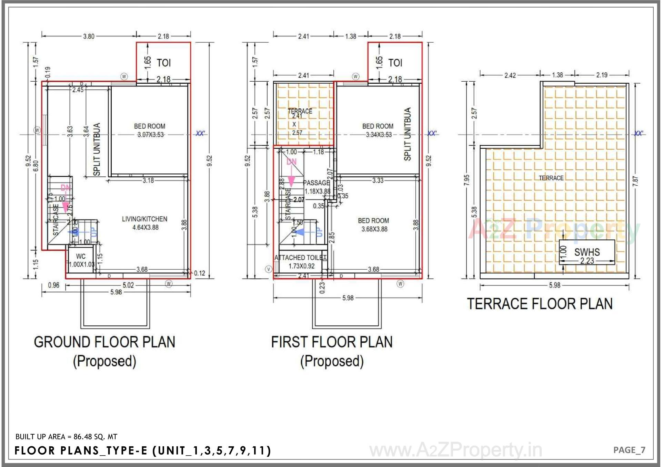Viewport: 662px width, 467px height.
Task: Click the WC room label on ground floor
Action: click(x=81, y=257)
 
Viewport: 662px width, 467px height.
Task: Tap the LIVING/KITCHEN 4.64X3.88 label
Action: click(x=145, y=223)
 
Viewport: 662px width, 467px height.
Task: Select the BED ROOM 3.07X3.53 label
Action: click(x=150, y=130)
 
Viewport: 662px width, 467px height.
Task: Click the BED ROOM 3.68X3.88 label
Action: click(x=374, y=225)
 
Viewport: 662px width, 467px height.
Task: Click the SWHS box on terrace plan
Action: click(x=587, y=252)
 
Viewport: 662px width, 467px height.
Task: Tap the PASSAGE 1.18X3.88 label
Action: click(x=317, y=187)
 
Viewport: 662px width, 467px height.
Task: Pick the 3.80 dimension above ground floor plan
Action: click(x=89, y=36)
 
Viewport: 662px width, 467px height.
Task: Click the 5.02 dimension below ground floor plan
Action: click(x=128, y=285)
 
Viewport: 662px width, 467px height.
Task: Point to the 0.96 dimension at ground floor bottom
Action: click(x=53, y=285)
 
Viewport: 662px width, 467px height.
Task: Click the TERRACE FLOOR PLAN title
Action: click(x=540, y=304)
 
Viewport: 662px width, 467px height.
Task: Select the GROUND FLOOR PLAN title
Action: click(x=104, y=342)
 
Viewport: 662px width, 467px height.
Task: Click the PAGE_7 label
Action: click(x=629, y=450)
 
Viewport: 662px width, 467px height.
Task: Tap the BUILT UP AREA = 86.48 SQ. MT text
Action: click(x=67, y=437)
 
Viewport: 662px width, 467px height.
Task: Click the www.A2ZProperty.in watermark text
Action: click(x=455, y=450)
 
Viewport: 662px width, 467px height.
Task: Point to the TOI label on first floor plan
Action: click(x=395, y=63)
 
